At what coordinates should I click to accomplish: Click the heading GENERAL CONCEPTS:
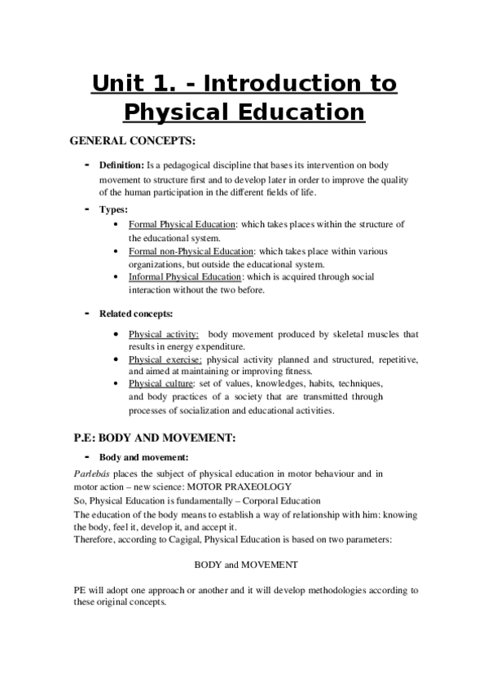(x=134, y=141)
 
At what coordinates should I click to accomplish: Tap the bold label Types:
(x=114, y=209)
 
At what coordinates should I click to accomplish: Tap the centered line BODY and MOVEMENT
(x=245, y=564)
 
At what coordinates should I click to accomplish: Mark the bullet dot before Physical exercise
(x=121, y=359)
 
